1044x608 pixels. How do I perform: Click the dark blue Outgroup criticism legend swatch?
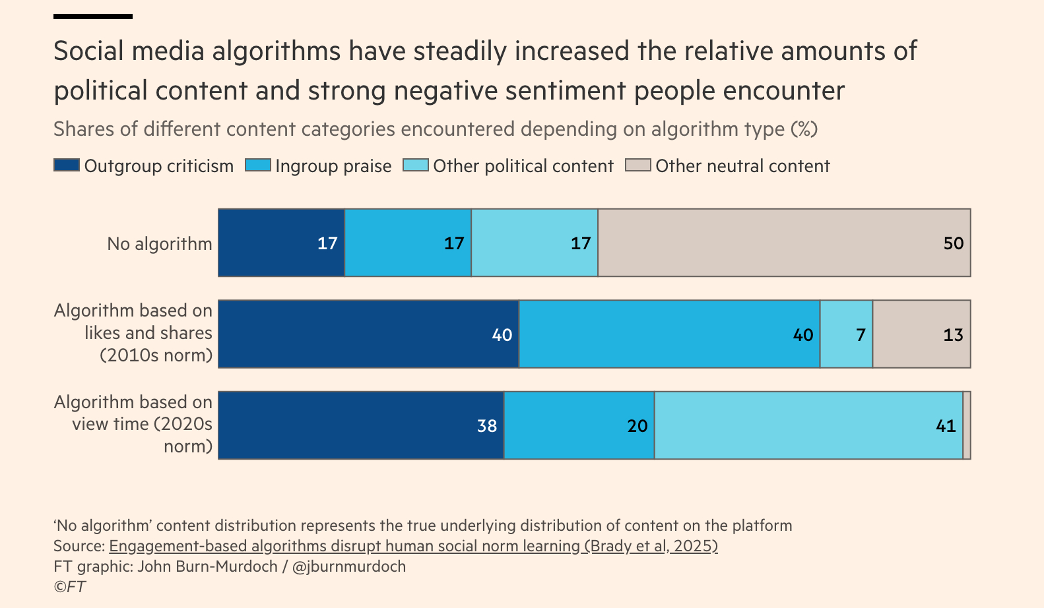pos(67,165)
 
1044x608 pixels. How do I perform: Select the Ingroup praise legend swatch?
pos(258,165)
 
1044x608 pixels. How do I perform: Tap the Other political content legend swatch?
pos(416,165)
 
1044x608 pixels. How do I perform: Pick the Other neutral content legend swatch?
pos(638,165)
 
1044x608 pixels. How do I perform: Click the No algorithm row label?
pos(160,244)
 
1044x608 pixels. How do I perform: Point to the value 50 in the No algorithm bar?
pos(954,243)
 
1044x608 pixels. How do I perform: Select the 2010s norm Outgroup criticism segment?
pos(368,334)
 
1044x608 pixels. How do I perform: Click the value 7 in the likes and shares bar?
pos(861,335)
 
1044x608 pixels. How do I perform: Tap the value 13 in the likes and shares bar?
pos(954,335)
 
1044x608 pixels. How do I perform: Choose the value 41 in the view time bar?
pos(946,426)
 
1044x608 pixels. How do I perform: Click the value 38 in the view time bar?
pos(487,426)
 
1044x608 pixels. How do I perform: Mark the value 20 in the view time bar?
pos(637,426)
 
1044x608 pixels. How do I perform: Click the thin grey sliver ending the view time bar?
pos(967,425)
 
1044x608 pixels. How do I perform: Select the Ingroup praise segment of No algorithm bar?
pos(408,243)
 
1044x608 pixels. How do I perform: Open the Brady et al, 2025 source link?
pos(413,546)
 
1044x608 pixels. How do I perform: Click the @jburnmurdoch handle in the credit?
pos(349,566)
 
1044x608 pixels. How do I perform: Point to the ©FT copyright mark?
pos(70,587)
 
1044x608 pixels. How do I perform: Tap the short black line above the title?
pos(93,16)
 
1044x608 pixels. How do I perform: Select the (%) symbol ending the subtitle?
pos(804,129)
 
